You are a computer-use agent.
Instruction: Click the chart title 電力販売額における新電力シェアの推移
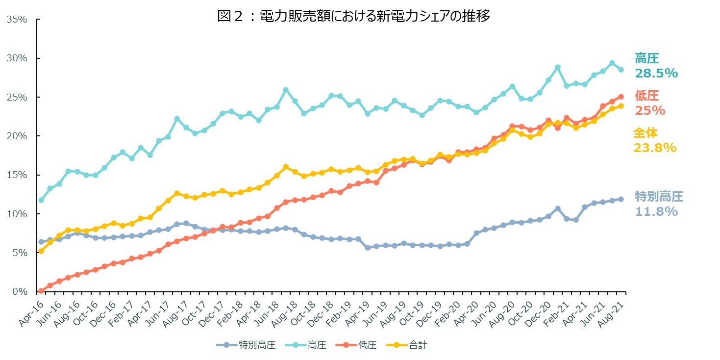(353, 16)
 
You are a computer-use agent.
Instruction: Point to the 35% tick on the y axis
(17, 20)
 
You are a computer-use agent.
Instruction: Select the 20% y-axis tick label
(17, 136)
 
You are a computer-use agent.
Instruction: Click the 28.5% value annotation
(656, 73)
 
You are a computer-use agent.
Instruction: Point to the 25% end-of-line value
(650, 110)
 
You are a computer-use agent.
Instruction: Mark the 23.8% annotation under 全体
(655, 147)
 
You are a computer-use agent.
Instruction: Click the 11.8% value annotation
(656, 211)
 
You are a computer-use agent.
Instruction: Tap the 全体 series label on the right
(646, 133)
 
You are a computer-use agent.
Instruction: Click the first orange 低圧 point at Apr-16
(41, 291)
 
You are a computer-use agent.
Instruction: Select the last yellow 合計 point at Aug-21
(621, 106)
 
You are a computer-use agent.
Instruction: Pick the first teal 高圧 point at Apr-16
(41, 200)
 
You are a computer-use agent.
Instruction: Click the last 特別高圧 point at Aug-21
(621, 199)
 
